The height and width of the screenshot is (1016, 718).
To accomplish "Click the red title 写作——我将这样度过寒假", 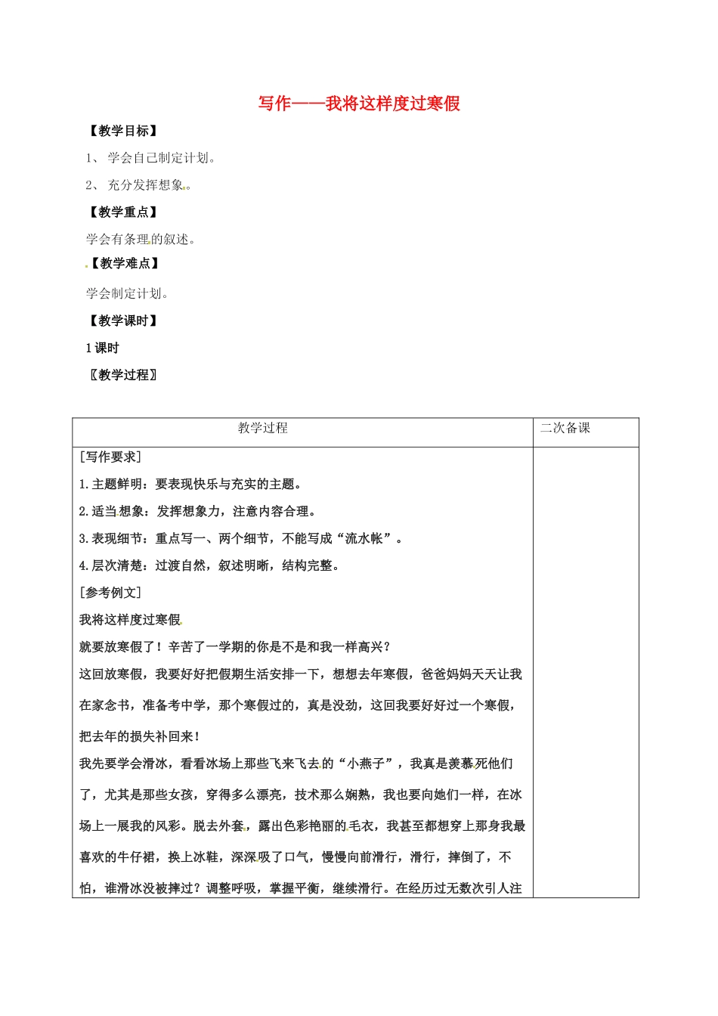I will point(359,104).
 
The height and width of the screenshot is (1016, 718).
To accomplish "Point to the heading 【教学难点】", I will point(125,264).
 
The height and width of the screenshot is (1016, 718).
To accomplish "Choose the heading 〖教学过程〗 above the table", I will point(123,375).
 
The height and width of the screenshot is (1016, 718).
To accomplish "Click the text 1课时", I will point(102,348).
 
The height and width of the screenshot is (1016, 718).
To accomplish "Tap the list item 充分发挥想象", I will point(148,185).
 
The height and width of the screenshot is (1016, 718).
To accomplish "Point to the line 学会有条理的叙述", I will point(141,240).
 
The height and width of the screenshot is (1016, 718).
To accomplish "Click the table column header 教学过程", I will point(262,429).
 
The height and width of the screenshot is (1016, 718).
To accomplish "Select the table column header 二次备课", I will point(565,429).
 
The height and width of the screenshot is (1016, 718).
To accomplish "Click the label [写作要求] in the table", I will point(110,457).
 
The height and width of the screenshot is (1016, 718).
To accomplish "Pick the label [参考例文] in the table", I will point(110,593).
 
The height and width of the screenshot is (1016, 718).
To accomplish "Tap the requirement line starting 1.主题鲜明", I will point(191,485).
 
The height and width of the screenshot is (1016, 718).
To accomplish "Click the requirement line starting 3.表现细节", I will point(242,539).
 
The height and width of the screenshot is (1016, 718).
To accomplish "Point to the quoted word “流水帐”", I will point(364,539).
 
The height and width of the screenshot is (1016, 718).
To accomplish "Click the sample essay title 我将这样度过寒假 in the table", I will point(130,620).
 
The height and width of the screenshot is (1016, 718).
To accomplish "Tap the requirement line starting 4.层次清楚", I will point(209,566).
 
